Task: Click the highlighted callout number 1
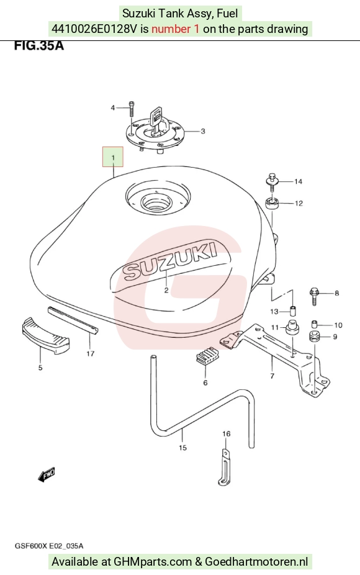[113, 157]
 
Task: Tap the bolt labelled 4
[132, 108]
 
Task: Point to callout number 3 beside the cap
[203, 131]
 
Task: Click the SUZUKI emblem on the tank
[169, 260]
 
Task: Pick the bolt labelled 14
[272, 181]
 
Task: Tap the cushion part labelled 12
[272, 203]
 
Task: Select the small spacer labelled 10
[314, 324]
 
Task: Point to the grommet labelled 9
[314, 337]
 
